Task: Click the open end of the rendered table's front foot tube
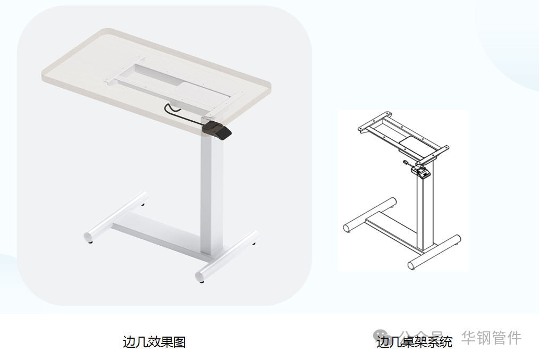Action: point(201,275)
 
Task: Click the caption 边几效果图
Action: point(154,341)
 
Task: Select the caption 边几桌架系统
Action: point(415,341)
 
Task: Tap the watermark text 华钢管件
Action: point(491,338)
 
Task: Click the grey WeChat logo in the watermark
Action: point(381,337)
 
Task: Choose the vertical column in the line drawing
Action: point(424,213)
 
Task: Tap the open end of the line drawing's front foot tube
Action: point(412,265)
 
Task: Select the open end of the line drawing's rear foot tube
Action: point(348,228)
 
